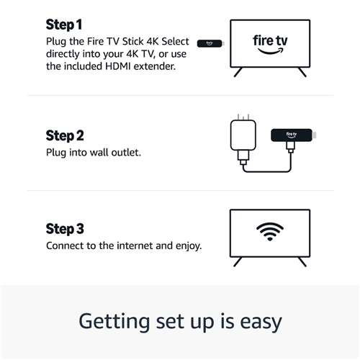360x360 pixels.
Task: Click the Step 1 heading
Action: pos(64,24)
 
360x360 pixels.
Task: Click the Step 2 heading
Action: pos(65,135)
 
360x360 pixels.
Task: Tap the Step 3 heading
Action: pos(65,229)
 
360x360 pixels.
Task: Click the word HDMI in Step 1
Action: pos(118,66)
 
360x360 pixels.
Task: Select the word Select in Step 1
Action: pos(175,41)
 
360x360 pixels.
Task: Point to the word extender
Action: pos(155,66)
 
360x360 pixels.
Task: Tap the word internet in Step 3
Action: pos(135,246)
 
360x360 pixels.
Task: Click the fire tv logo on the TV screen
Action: pos(270,44)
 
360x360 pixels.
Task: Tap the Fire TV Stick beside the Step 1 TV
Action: pos(211,43)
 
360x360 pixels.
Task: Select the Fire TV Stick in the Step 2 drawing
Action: pos(293,135)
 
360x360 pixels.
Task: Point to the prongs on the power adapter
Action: pos(243,117)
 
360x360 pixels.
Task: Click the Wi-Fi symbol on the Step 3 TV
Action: pos(270,232)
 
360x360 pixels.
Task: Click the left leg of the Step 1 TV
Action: pos(238,72)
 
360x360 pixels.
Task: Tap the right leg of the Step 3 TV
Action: pos(302,262)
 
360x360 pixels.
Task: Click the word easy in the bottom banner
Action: pos(261,323)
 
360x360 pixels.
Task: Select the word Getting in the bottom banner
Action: pos(114,323)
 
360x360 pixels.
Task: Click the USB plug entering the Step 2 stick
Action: pos(291,147)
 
